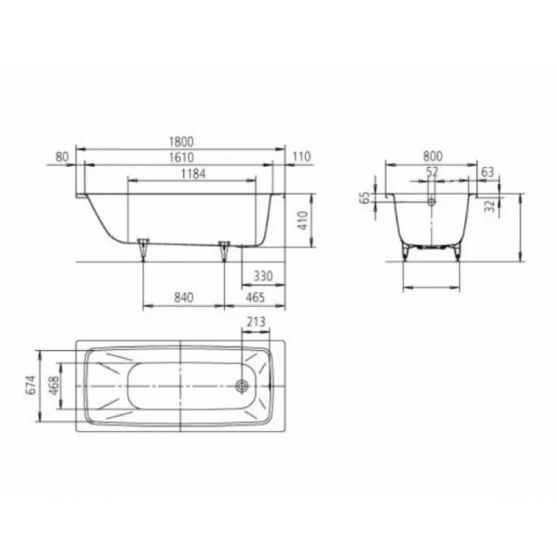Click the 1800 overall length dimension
(182, 142)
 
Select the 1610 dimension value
(182, 156)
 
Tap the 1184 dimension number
(192, 174)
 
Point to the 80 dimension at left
(61, 156)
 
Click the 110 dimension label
(301, 156)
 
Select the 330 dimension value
(263, 276)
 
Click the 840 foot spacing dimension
(182, 298)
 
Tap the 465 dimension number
(255, 298)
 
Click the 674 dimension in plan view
(31, 384)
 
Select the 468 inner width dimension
(54, 384)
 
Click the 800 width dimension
(432, 156)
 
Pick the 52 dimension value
(432, 172)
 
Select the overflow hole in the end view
(432, 199)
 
